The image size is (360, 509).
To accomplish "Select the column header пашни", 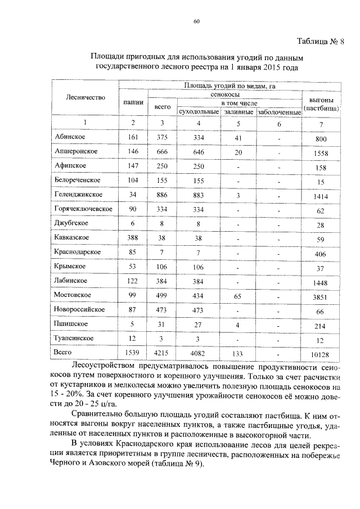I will (x=133, y=102).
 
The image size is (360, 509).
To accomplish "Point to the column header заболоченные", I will (x=279, y=112).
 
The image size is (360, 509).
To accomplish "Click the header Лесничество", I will (x=85, y=97).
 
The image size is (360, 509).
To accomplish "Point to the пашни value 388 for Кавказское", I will (x=133, y=237).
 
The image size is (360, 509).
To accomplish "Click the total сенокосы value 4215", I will (x=162, y=353).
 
